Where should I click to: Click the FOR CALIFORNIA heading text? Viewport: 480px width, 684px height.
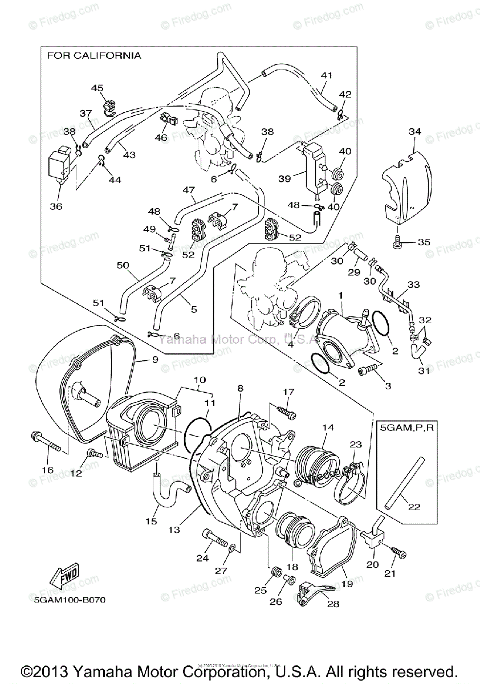[93, 56]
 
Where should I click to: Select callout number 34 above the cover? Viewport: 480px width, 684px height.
[414, 132]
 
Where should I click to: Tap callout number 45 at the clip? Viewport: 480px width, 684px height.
[97, 88]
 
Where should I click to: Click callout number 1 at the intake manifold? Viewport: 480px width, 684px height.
[341, 296]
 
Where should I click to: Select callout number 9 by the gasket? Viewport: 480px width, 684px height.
[154, 359]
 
